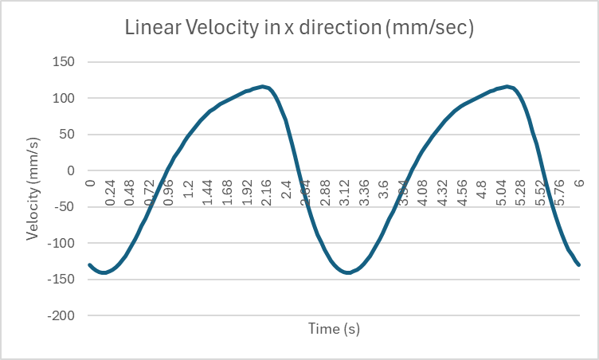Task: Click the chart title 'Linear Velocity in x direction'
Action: click(x=299, y=28)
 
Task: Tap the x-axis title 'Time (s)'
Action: click(x=335, y=328)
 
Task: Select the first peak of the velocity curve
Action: click(x=262, y=86)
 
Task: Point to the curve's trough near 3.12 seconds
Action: click(x=347, y=272)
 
